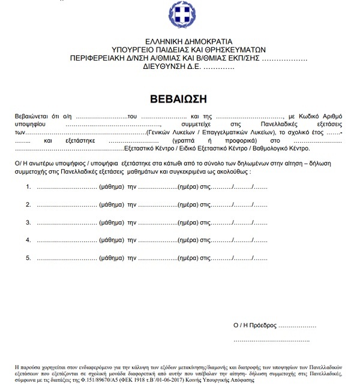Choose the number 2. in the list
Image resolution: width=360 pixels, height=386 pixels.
[28, 205]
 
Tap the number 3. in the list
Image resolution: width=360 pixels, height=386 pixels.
[28, 223]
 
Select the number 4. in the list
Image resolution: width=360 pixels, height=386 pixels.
[28, 240]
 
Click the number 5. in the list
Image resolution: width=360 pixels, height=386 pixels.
[28, 258]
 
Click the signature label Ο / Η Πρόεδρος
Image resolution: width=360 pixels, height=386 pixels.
[256, 325]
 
